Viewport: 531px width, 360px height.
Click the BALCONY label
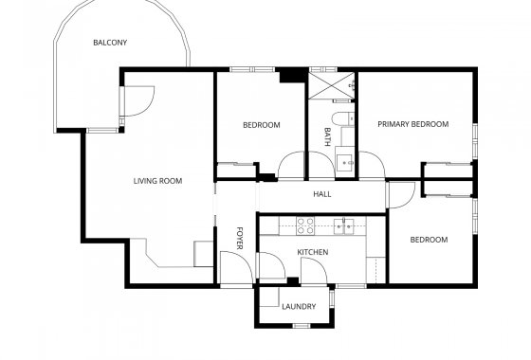(110, 43)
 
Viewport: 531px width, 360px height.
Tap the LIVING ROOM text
(157, 180)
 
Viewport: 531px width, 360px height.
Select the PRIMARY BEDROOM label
(412, 124)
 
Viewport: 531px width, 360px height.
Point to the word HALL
(321, 195)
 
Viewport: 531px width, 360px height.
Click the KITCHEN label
(312, 251)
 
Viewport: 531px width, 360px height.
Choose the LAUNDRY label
(299, 306)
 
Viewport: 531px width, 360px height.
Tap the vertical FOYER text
(240, 236)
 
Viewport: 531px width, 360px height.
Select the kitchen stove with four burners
(305, 225)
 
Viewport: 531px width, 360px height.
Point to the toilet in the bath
(346, 119)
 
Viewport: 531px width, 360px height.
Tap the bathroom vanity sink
(346, 161)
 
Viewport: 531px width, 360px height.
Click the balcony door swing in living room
(139, 99)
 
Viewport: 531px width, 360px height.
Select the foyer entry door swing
(233, 268)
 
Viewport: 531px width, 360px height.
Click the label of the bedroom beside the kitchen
(429, 240)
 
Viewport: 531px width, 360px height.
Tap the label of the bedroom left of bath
(261, 125)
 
